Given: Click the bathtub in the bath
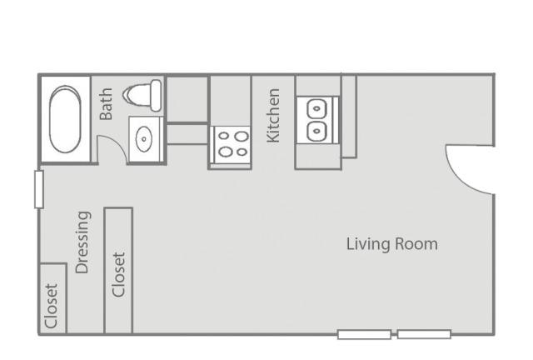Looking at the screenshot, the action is [x=65, y=119].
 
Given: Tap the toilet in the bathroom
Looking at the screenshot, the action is [x=142, y=95].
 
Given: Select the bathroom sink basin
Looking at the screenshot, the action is [x=144, y=139].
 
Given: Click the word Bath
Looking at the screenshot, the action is [x=106, y=104].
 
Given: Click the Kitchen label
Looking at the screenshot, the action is [x=273, y=115].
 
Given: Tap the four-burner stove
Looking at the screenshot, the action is [x=231, y=145].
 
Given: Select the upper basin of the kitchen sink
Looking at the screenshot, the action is [x=316, y=109].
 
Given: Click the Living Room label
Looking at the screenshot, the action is [x=392, y=244].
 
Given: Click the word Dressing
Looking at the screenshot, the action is [x=82, y=242].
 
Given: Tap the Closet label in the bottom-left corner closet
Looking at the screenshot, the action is [x=51, y=306].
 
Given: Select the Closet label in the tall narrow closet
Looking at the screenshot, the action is [x=118, y=275].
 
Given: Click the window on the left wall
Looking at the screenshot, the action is [x=39, y=189].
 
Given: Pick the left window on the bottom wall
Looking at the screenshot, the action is [x=364, y=334].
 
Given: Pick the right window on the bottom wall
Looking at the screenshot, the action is [x=424, y=334].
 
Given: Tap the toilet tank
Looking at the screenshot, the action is [x=156, y=96].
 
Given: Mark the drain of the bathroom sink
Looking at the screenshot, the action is [x=144, y=139].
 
